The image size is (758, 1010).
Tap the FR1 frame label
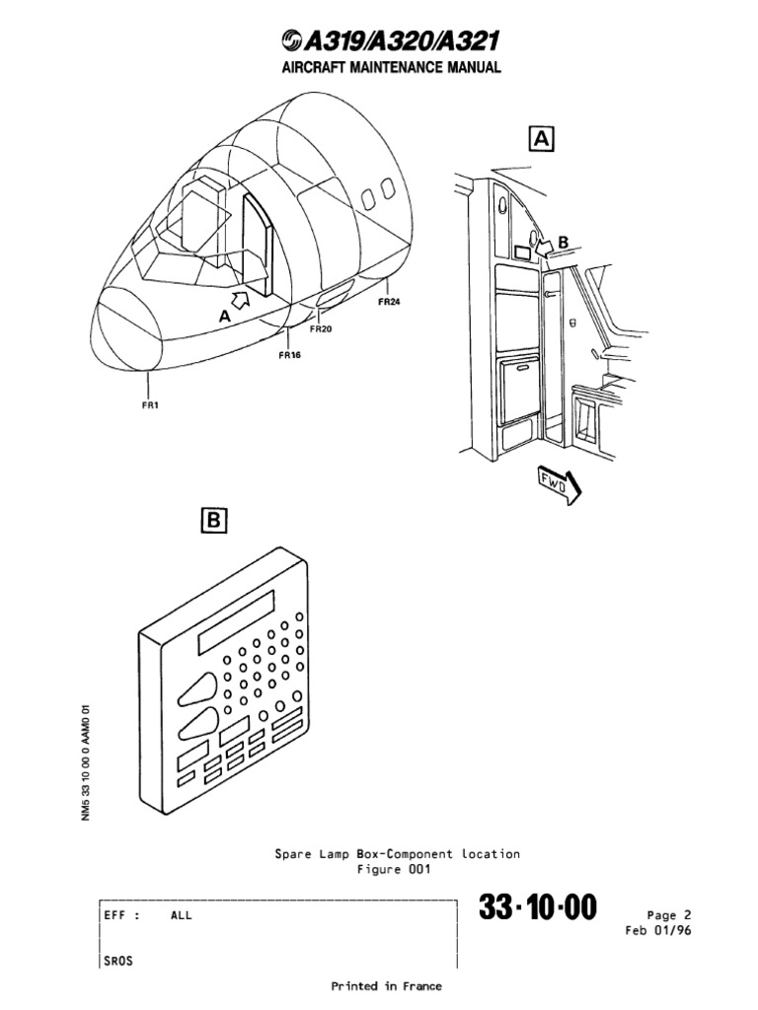point(148,403)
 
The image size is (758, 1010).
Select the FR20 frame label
point(321,329)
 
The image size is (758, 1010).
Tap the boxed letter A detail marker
point(542,138)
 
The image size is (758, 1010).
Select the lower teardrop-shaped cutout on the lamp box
point(198,728)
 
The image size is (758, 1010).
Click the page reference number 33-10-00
point(538,907)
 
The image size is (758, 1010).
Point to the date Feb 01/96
point(659,930)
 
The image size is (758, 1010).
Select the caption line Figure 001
point(393,869)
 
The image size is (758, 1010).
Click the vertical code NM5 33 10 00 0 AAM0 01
point(87,765)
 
